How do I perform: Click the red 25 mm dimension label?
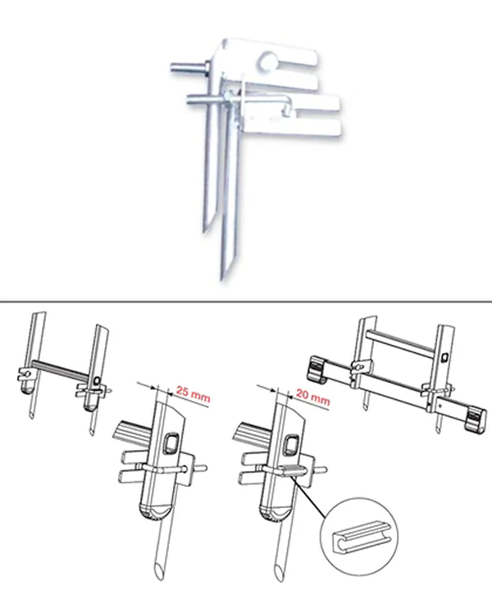(193, 394)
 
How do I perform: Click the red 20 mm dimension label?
(312, 397)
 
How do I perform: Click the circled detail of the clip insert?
(359, 537)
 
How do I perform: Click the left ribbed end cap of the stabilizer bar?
(317, 369)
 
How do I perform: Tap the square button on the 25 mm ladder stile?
(170, 443)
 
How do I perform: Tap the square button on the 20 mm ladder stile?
(292, 444)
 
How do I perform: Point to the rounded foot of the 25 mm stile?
(153, 513)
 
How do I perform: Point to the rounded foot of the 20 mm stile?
(275, 513)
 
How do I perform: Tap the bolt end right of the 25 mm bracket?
(202, 467)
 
